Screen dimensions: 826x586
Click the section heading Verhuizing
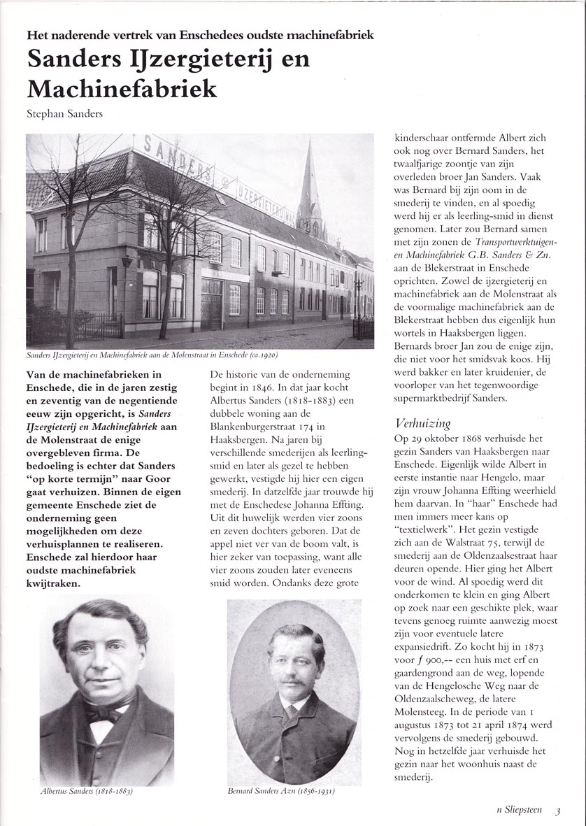point(423,422)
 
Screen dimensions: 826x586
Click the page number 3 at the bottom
point(558,812)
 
